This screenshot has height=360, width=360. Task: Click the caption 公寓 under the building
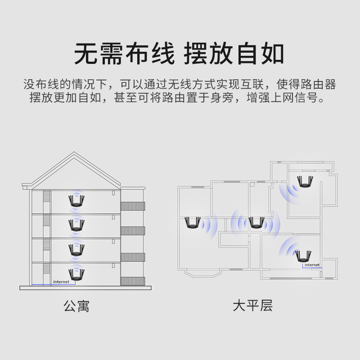(x=76, y=307)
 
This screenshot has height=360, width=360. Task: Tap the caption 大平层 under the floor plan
(x=252, y=307)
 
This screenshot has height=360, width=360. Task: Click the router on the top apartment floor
(x=76, y=201)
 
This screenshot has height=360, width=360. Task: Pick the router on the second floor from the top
(x=76, y=225)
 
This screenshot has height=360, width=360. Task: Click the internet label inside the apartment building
(x=61, y=282)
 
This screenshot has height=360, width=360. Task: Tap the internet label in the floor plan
(x=311, y=265)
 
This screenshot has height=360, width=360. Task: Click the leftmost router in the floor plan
(x=192, y=223)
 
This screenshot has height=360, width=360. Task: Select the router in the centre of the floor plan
(x=256, y=223)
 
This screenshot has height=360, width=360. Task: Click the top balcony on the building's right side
(x=133, y=207)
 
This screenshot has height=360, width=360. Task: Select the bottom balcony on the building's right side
(x=133, y=280)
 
